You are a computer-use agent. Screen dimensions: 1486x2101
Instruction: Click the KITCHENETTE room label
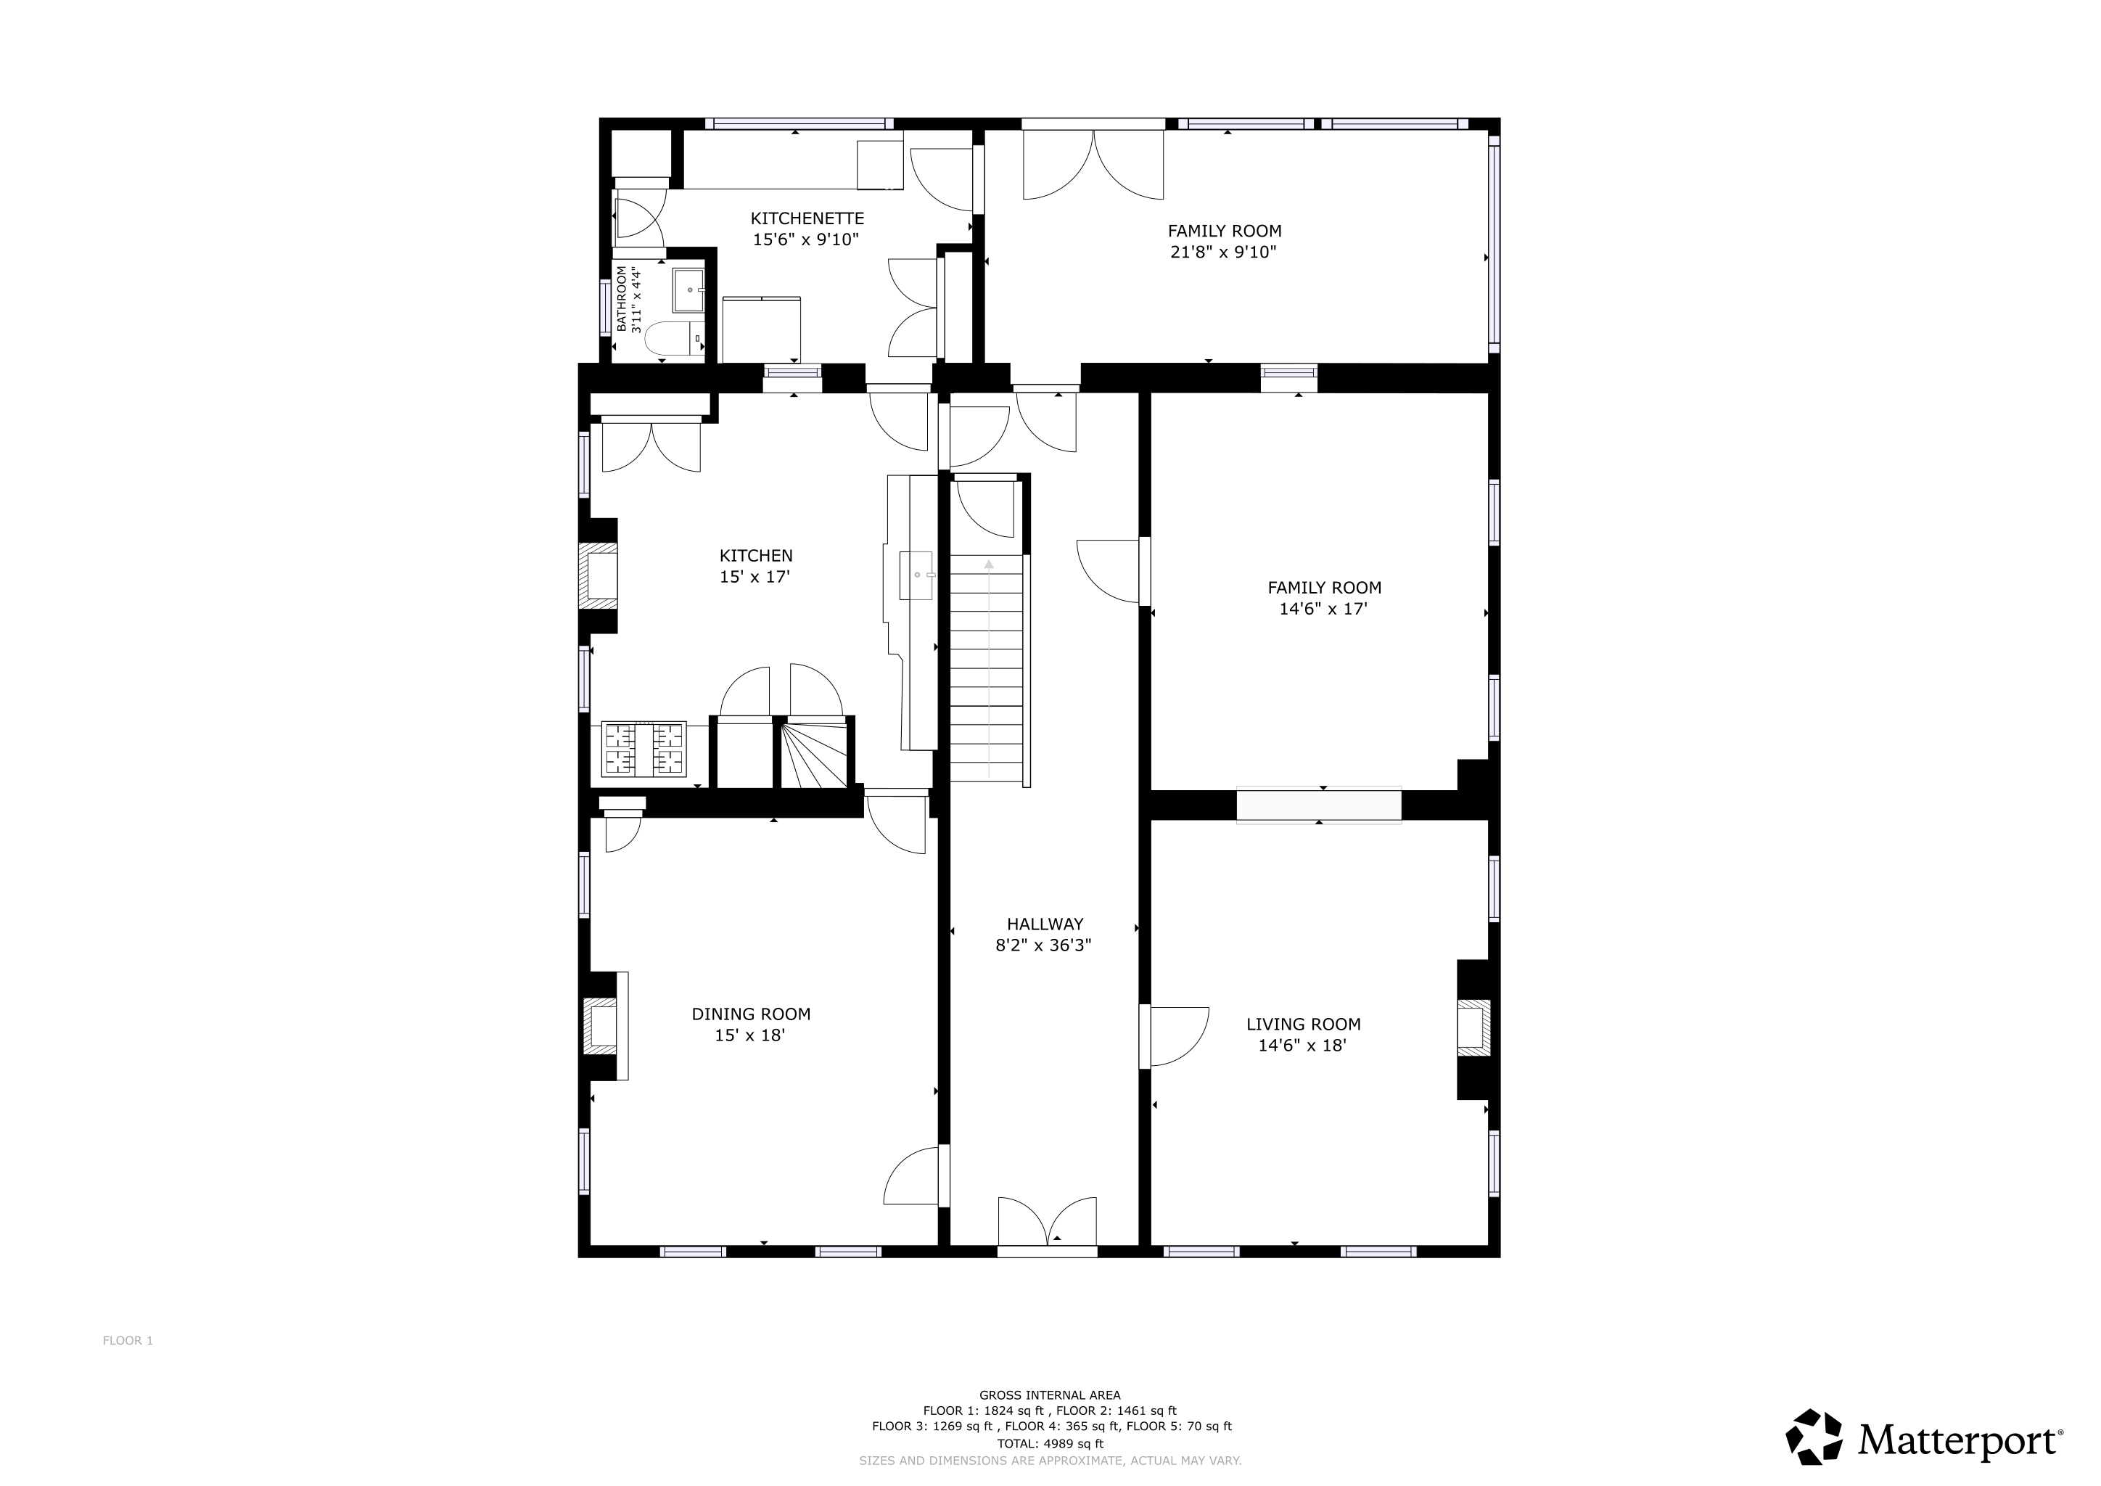807,218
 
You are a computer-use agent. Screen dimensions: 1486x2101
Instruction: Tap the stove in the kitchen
644,750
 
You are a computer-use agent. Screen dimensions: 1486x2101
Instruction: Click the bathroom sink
688,290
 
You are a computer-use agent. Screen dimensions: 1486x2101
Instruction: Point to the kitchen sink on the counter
917,575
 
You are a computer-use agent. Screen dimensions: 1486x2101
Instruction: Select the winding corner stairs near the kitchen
815,753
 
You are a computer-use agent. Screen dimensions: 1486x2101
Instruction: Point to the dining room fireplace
601,1027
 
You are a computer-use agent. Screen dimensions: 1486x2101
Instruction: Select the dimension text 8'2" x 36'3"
1044,945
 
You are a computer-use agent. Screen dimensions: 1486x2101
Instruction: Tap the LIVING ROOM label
1303,1024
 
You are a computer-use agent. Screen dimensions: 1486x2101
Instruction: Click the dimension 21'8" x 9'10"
1223,253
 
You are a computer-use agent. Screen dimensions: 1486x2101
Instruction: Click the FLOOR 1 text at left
127,1340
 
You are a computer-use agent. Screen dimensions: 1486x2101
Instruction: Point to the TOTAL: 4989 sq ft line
1050,1444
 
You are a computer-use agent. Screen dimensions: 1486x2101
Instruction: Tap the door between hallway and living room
1175,1037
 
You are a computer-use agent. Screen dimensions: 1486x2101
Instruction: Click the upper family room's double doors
1093,165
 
